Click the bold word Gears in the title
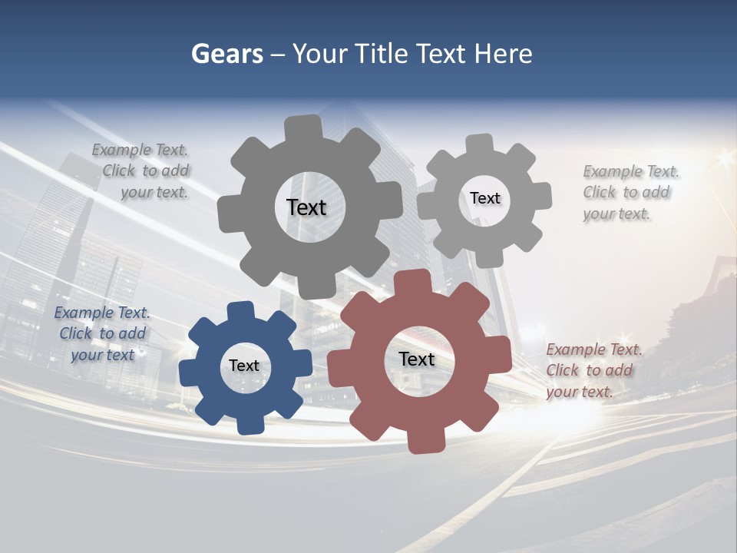[227, 54]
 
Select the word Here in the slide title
[503, 54]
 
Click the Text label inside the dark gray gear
[306, 207]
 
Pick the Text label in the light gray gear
[484, 198]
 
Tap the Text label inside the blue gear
[244, 366]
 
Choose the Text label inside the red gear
[417, 359]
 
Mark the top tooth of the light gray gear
[480, 144]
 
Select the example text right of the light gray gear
[630, 192]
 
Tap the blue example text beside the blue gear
[102, 333]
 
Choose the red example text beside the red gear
[593, 370]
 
